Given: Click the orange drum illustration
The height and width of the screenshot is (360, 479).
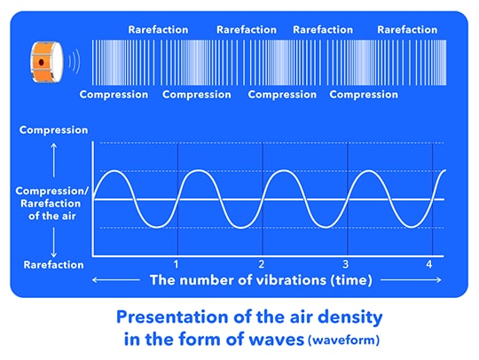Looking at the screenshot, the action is [47, 62].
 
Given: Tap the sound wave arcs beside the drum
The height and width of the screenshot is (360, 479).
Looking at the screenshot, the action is [75, 62].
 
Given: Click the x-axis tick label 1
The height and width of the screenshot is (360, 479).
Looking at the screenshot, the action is [176, 264].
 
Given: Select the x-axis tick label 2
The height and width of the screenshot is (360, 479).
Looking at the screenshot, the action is [261, 264].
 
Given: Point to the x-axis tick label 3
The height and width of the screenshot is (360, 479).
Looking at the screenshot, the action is [346, 264].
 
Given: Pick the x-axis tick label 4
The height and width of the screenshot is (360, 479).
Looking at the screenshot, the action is [429, 264].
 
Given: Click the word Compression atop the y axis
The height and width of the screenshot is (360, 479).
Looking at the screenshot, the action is [53, 130].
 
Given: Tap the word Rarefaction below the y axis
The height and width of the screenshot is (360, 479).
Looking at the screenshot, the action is [53, 265].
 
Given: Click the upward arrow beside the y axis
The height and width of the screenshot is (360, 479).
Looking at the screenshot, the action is [54, 160].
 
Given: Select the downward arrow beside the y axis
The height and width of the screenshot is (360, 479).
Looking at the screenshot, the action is [54, 242].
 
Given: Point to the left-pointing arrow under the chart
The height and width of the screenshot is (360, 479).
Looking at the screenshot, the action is [116, 279].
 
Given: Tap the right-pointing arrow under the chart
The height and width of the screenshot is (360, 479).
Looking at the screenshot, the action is [412, 279].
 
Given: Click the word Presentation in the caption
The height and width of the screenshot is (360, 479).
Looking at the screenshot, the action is [173, 317].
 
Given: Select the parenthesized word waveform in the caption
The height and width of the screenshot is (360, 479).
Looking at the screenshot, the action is [344, 340].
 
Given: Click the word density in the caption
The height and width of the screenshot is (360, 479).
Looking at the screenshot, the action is [350, 317].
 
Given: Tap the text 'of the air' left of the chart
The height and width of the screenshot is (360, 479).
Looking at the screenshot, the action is [52, 216].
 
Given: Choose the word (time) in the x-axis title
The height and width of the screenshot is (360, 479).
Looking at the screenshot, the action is [351, 280].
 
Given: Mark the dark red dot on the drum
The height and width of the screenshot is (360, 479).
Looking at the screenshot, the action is [41, 63].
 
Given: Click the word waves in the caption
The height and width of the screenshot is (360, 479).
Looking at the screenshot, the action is [277, 340].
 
